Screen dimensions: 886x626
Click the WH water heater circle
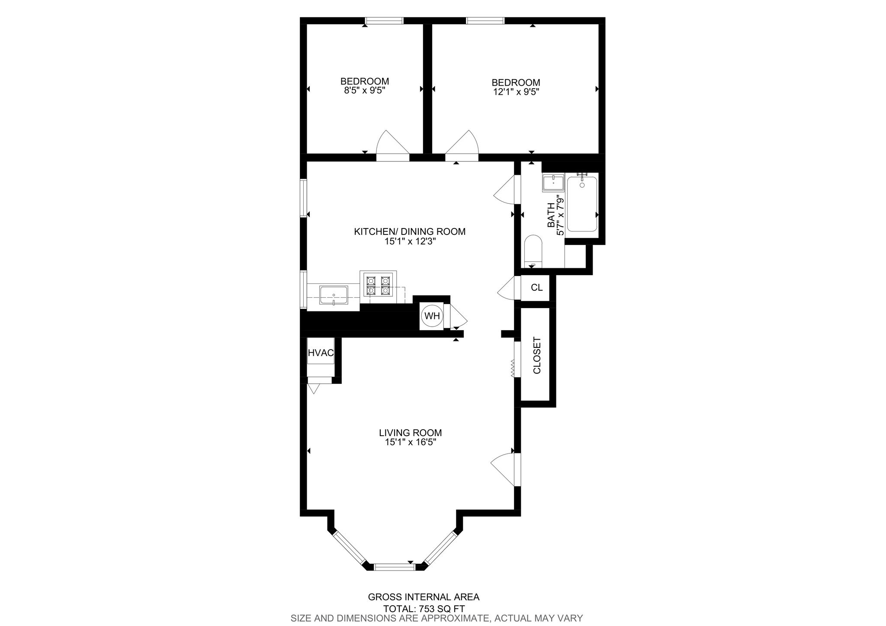pyautogui.click(x=432, y=316)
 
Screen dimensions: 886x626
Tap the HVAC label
pyautogui.click(x=321, y=353)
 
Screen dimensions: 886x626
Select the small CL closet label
pyautogui.click(x=536, y=287)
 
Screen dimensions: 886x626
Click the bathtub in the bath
pyautogui.click(x=582, y=204)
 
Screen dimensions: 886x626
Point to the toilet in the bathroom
pyautogui.click(x=533, y=251)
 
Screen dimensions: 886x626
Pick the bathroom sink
pyautogui.click(x=553, y=183)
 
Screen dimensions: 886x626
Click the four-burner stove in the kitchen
pyautogui.click(x=378, y=284)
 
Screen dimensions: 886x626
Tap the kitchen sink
pyautogui.click(x=334, y=295)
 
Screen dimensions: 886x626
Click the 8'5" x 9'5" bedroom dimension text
pyautogui.click(x=364, y=91)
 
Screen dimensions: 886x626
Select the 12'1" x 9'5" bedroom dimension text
pyautogui.click(x=516, y=92)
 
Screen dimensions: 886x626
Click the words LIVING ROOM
pyautogui.click(x=410, y=433)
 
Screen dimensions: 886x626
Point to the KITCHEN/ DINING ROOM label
pyautogui.click(x=410, y=231)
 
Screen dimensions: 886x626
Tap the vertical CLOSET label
pyautogui.click(x=537, y=355)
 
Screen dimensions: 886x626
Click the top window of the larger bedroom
pyautogui.click(x=485, y=20)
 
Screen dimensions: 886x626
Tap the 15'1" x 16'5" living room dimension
pyautogui.click(x=410, y=442)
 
